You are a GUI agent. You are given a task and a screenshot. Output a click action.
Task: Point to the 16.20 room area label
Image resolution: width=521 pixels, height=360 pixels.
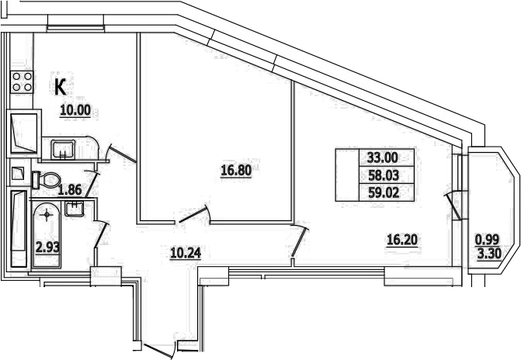[x=403, y=239]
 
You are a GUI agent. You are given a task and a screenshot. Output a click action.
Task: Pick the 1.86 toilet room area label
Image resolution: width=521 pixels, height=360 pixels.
[x=71, y=189]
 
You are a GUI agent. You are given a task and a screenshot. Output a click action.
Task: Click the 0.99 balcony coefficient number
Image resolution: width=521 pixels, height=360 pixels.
[x=488, y=239]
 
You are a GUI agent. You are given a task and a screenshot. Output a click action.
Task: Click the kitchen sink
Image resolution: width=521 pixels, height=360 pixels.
[x=63, y=148]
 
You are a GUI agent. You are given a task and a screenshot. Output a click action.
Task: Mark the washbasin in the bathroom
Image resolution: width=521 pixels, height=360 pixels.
[x=75, y=207]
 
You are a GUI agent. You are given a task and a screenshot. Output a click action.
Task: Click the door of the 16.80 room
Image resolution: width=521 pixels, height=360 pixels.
[x=193, y=213]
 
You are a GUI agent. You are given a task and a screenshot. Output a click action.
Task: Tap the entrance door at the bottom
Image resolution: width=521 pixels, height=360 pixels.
[x=159, y=349]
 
